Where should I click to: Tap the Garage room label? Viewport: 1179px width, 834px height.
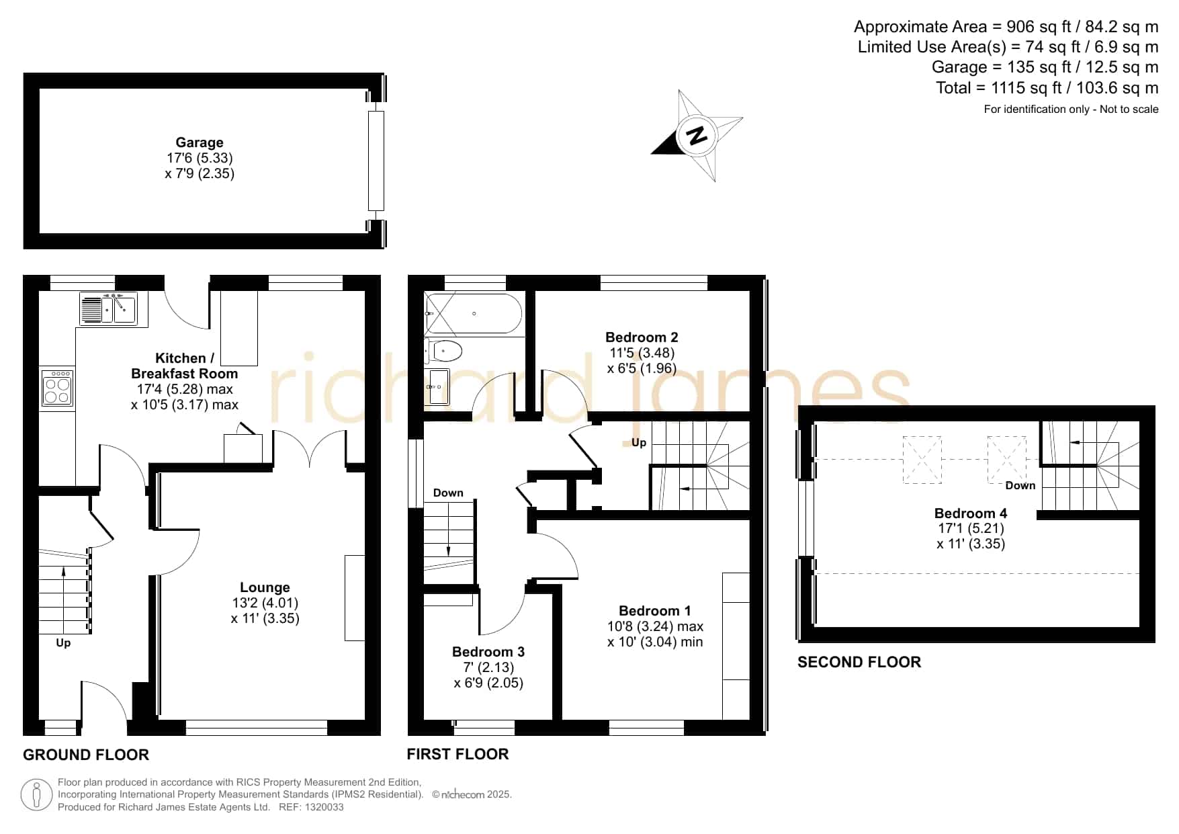[x=200, y=142]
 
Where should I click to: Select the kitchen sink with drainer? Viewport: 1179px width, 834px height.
[x=108, y=308]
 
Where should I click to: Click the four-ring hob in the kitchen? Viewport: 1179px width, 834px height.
[x=57, y=388]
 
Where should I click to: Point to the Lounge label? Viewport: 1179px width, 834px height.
[x=265, y=587]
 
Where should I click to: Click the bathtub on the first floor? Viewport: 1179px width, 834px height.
[x=474, y=313]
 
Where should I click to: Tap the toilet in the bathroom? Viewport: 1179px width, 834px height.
[x=443, y=351]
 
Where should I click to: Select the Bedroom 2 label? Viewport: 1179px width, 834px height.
[x=642, y=337]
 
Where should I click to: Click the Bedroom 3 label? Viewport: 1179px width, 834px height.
[x=488, y=652]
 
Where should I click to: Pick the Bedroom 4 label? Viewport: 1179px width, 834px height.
[x=971, y=513]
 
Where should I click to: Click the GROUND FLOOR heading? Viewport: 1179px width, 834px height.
[x=86, y=755]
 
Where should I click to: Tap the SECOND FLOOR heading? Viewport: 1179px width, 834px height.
[x=859, y=662]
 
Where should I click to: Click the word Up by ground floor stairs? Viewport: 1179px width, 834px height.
[x=63, y=643]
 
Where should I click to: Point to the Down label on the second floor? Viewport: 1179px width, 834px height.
[x=1020, y=485]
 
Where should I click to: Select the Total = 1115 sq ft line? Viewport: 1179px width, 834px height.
[x=1047, y=88]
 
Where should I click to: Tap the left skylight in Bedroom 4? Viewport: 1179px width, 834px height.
[x=922, y=460]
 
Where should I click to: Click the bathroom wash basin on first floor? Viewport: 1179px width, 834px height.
[x=439, y=387]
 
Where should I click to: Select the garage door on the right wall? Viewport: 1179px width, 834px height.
[x=376, y=161]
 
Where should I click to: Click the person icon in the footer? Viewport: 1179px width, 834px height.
[x=36, y=796]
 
